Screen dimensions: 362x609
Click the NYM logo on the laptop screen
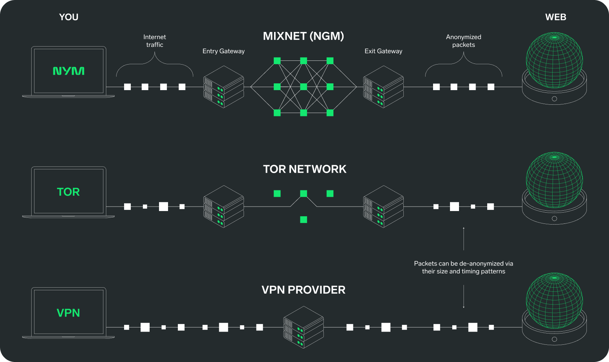(x=68, y=71)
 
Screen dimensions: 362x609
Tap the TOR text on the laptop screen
(x=68, y=192)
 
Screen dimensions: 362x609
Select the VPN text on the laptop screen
(x=68, y=313)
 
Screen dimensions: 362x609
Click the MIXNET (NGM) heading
(x=303, y=36)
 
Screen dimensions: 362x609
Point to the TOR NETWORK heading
(x=304, y=169)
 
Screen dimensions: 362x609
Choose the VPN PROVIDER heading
(x=303, y=290)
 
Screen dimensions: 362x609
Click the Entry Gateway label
(x=223, y=51)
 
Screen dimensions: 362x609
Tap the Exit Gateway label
(x=383, y=51)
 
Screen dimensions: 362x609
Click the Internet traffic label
(x=155, y=41)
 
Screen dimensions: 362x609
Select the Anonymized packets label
(x=464, y=41)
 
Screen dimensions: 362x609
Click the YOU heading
(x=68, y=17)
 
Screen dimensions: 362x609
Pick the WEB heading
(x=556, y=17)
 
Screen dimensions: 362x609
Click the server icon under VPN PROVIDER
(x=303, y=327)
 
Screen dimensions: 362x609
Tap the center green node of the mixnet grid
(x=303, y=87)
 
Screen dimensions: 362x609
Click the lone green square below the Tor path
(x=303, y=220)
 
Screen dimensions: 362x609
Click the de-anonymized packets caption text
(x=464, y=267)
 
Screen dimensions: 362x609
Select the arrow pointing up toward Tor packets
(x=464, y=238)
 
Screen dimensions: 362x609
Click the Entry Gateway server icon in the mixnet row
(x=224, y=87)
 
